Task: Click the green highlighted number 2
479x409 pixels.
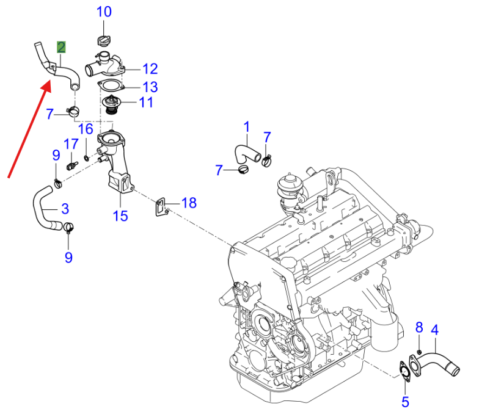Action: pos(62,47)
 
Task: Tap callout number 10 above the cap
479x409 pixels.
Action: pos(104,12)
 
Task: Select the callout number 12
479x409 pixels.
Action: pos(150,69)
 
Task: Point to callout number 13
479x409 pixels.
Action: pos(150,87)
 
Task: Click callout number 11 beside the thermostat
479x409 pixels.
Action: pos(145,102)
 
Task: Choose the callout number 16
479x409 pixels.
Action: pos(86,129)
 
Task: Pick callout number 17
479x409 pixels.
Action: pos(71,145)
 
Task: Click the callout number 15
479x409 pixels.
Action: pos(120,215)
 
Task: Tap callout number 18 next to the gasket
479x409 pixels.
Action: pos(189,203)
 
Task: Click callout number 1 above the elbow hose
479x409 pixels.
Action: pos(247,127)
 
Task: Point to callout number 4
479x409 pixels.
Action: pos(435,330)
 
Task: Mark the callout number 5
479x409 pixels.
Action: pos(404,401)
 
